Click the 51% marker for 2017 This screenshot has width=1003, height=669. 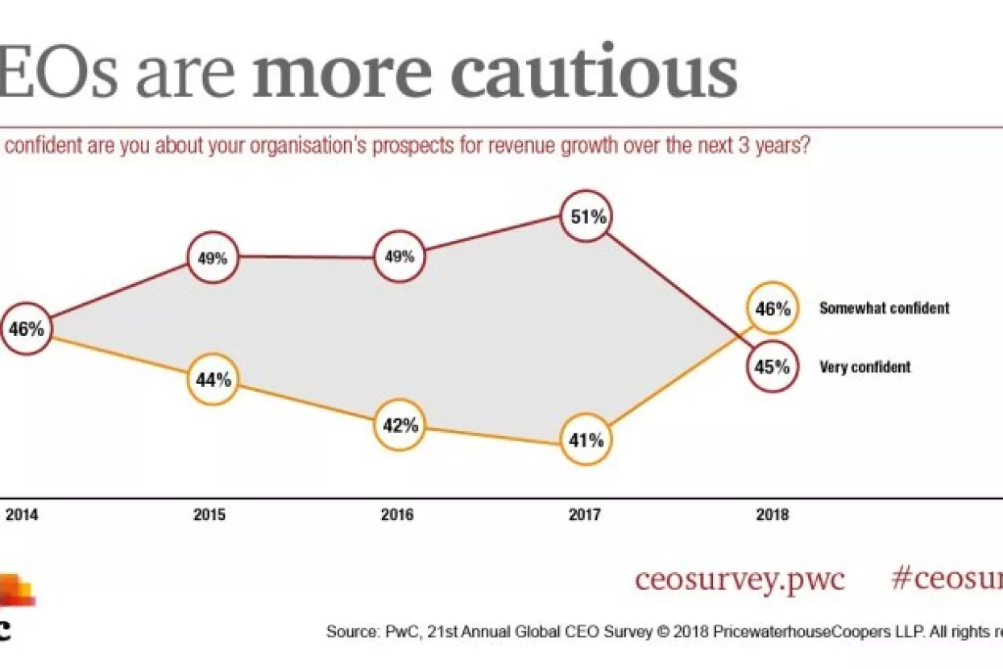click(x=587, y=216)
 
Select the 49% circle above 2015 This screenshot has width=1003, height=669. click(x=213, y=259)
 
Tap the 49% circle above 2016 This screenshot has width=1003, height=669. click(x=400, y=257)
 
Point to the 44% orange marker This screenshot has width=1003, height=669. click(x=213, y=379)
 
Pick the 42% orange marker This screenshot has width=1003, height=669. click(x=400, y=425)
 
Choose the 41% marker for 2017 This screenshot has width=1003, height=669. click(x=586, y=440)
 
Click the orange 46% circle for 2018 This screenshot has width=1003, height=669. click(x=773, y=307)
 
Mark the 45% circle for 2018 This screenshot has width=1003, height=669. click(x=773, y=367)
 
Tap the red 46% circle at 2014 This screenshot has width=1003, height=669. click(x=27, y=328)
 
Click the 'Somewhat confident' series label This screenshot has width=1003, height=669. click(x=884, y=308)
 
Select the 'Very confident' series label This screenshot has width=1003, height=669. click(x=864, y=368)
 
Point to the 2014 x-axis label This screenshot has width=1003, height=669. click(x=22, y=514)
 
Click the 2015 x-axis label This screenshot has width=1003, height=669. click(x=209, y=514)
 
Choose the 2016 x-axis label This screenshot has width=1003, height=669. click(x=397, y=514)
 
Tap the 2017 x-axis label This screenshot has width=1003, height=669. click(x=584, y=514)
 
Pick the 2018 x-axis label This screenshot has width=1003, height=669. click(x=773, y=514)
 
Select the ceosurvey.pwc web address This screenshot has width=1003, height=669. click(x=740, y=580)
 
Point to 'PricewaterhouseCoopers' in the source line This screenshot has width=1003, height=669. click(x=814, y=632)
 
